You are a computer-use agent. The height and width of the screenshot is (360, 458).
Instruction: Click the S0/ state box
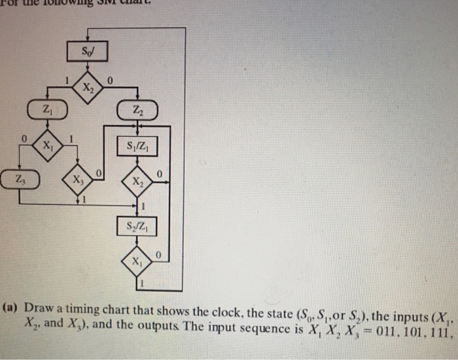coord(87,50)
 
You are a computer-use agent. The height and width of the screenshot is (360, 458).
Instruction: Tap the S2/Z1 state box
coord(136,227)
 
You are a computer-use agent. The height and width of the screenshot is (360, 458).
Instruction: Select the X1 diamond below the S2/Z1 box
coord(136,262)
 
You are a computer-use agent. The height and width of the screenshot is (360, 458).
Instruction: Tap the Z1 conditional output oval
coord(45,109)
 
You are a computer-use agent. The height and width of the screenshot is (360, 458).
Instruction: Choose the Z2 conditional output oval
coord(136,110)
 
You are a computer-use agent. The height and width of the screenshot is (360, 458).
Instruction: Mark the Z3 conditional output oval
coord(20,178)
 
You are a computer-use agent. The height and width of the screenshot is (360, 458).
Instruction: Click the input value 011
coord(368,322)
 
